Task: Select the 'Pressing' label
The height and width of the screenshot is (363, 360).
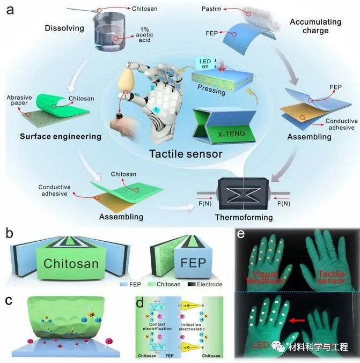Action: [x=211, y=92]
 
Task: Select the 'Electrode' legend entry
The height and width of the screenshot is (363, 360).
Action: [x=206, y=284]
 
